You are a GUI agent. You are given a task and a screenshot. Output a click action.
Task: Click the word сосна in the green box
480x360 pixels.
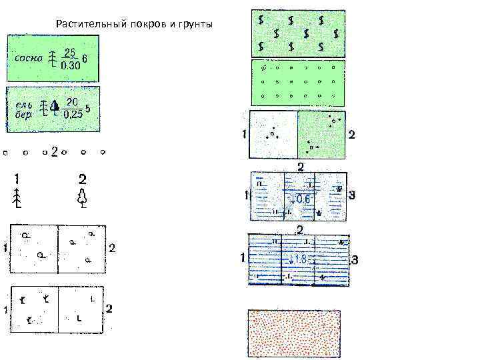27,58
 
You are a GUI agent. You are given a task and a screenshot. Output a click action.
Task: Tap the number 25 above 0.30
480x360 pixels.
69,51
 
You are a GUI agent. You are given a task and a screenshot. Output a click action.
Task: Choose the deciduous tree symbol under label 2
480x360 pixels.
82,198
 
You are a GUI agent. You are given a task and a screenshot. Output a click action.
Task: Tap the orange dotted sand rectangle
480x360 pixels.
294,333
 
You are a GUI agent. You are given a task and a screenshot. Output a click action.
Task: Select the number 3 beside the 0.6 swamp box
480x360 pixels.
352,195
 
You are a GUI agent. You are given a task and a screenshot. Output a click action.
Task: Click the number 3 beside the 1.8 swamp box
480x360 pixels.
354,259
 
